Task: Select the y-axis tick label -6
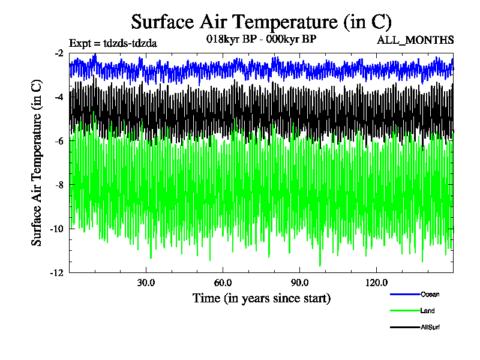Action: tap(59, 140)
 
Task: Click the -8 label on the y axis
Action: tap(59, 184)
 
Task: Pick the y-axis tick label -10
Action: tap(58, 229)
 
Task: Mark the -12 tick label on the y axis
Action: tap(58, 272)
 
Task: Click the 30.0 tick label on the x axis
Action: tap(146, 283)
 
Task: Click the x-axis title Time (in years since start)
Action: tap(261, 298)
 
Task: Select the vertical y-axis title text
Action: tap(37, 163)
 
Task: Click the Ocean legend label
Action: tap(430, 294)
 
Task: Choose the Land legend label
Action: tap(428, 311)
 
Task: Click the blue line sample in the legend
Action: tap(404, 294)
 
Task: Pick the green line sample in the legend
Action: tap(404, 311)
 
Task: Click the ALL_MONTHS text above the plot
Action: tap(415, 40)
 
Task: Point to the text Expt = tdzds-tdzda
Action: tap(113, 43)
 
